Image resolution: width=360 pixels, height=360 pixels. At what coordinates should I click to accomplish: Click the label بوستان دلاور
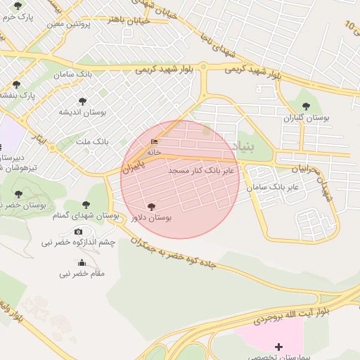(x=151, y=219)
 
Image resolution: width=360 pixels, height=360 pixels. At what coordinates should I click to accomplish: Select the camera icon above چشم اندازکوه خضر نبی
(x=78, y=231)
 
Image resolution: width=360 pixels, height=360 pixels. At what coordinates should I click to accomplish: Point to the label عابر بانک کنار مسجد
(x=205, y=170)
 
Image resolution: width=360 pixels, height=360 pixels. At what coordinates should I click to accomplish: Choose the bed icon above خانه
(x=154, y=142)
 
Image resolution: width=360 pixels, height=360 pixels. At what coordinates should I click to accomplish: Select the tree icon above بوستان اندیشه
(x=83, y=101)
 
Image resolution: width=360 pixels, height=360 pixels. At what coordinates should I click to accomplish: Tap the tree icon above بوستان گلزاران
(x=306, y=106)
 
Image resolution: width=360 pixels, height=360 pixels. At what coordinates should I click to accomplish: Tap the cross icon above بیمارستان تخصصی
(x=279, y=346)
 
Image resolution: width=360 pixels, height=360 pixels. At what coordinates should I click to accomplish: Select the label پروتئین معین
(x=70, y=24)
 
